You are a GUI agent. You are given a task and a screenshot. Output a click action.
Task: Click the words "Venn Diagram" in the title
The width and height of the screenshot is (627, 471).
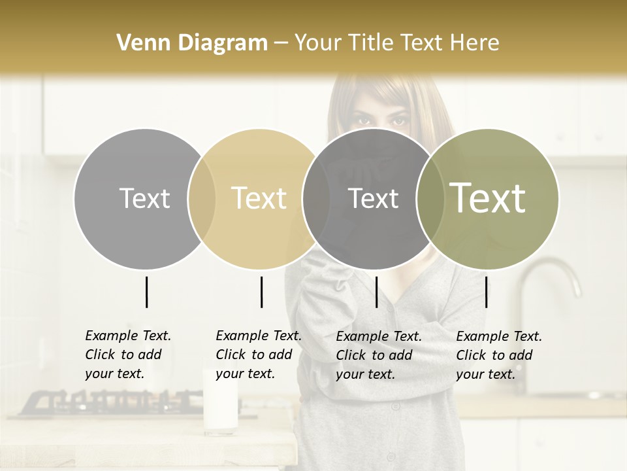coord(192,43)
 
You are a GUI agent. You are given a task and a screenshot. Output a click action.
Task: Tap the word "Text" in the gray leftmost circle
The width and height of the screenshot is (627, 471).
coord(144,198)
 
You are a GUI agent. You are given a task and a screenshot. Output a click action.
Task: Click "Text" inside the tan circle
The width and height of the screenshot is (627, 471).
coord(259,198)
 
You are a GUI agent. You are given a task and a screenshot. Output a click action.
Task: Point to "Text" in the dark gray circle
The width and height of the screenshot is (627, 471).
coord(373,198)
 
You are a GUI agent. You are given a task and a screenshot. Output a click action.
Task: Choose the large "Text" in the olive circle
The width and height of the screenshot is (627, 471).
coord(487,198)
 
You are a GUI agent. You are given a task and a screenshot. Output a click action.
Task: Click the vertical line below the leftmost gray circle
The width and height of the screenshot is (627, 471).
coord(147,292)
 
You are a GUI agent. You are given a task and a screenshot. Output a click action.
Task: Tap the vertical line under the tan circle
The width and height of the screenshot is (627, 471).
coord(261,292)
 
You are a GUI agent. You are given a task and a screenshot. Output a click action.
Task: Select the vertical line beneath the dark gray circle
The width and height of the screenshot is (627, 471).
coord(376,292)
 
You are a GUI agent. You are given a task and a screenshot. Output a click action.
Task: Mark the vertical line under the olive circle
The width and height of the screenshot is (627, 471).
coord(487,292)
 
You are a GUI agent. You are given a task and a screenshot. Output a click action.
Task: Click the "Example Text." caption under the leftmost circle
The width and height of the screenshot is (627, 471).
coord(128,336)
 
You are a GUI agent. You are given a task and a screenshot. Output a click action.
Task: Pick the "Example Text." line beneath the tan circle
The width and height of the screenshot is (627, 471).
coord(259,336)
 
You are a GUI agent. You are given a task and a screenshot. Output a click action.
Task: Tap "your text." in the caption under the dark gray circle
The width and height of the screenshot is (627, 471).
coord(366,374)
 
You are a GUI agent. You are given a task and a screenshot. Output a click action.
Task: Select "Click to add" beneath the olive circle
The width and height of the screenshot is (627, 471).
coord(494,355)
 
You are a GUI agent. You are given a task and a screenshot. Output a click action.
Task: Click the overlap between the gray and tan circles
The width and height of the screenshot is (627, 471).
coord(201,198)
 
